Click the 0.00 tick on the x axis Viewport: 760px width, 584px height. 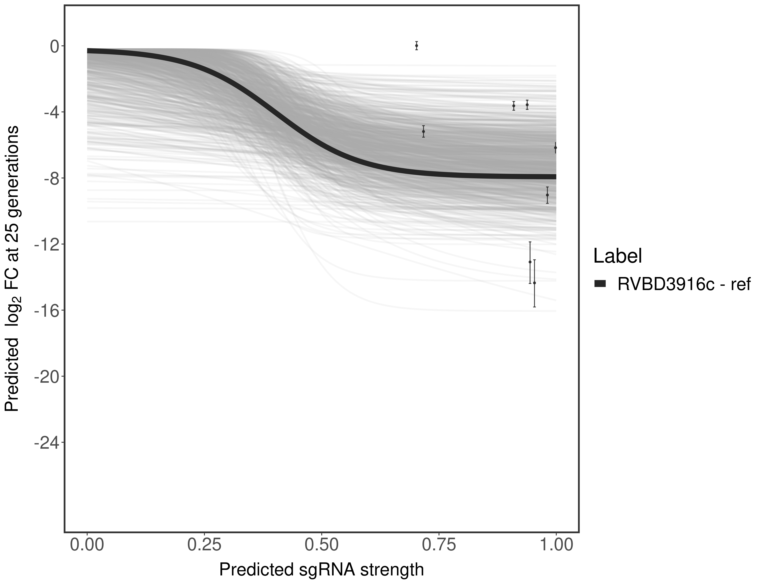coord(87,545)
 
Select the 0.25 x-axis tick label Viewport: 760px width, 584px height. coord(204,545)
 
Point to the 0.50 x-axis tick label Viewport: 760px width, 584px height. coord(322,545)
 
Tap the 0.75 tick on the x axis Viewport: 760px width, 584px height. coord(439,545)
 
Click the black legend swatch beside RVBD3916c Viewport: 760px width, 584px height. coord(600,284)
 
